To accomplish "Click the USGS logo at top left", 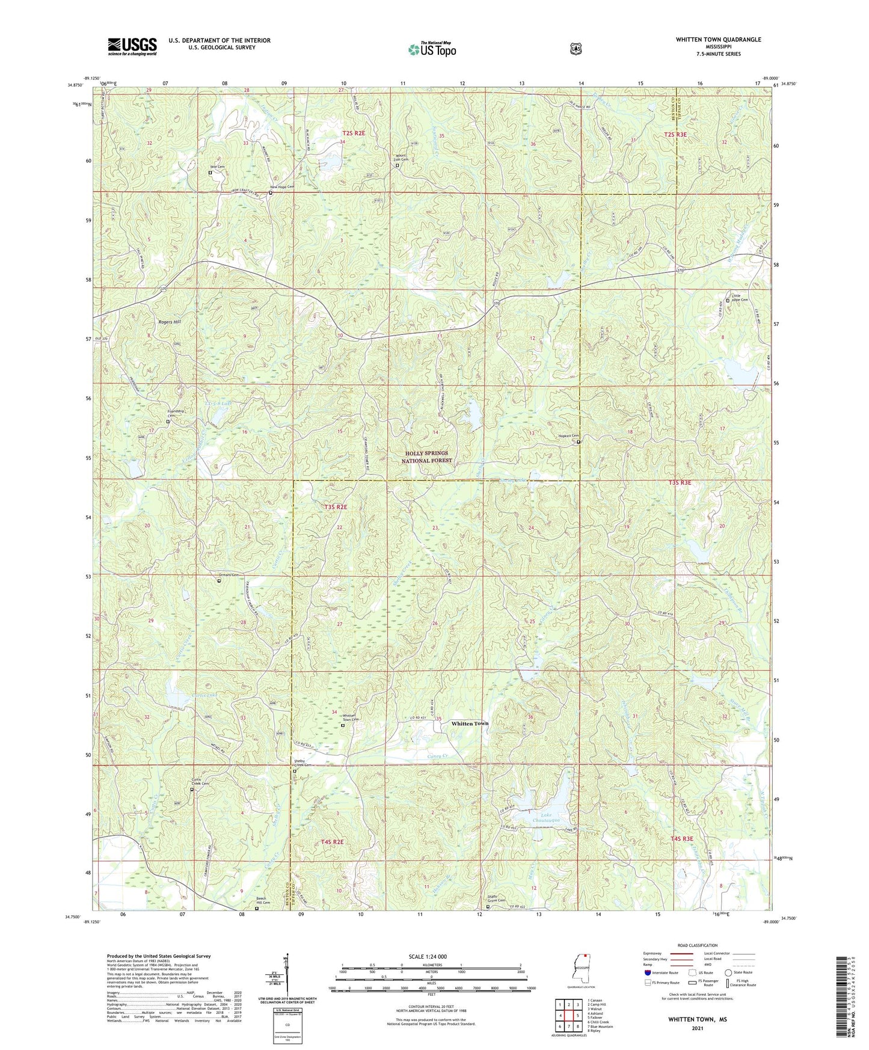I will tap(132, 46).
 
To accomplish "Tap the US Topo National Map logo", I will tap(432, 49).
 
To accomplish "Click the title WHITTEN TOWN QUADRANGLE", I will tap(718, 40).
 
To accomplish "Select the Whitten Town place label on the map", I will tap(470, 723).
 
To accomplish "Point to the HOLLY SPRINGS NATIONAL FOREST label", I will tap(425, 457).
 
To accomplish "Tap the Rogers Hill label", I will tap(169, 322).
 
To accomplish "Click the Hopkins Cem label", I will tap(567, 436).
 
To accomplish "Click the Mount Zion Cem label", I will tap(402, 158).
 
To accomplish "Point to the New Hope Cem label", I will tap(282, 187).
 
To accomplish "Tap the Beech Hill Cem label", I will tap(263, 901).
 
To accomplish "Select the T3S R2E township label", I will tap(336, 507).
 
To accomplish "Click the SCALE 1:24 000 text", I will tap(428, 956).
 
